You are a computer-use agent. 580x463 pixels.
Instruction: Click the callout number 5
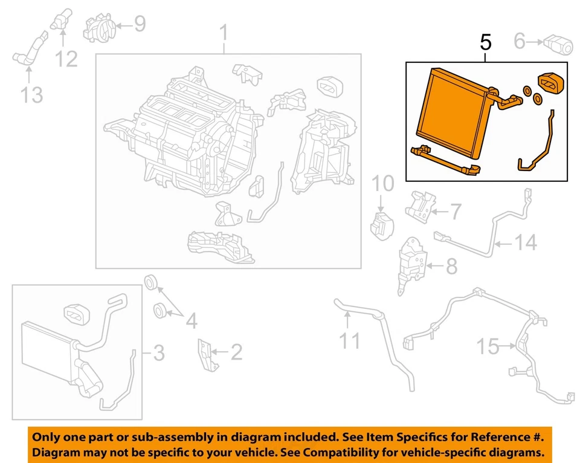pyautogui.click(x=486, y=42)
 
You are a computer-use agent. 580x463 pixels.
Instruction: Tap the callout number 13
pyautogui.click(x=31, y=94)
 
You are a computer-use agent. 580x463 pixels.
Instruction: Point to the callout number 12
pyautogui.click(x=67, y=59)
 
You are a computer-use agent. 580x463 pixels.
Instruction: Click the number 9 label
pyautogui.click(x=139, y=24)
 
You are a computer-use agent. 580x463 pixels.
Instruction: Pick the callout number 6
pyautogui.click(x=520, y=41)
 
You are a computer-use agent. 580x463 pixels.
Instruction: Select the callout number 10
pyautogui.click(x=381, y=182)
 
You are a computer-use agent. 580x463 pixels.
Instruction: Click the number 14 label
pyautogui.click(x=524, y=243)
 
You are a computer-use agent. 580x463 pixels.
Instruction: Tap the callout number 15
pyautogui.click(x=488, y=347)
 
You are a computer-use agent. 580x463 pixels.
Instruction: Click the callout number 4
pyautogui.click(x=191, y=321)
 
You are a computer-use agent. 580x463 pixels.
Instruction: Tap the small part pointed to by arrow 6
pyautogui.click(x=556, y=44)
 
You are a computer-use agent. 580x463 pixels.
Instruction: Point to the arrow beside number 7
pyautogui.click(x=439, y=212)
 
